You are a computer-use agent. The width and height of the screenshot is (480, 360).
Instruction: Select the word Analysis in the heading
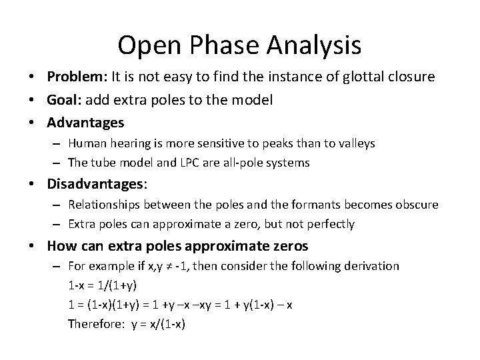314,45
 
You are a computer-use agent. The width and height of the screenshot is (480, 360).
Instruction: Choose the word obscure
416,204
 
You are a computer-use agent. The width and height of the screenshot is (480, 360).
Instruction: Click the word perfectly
331,223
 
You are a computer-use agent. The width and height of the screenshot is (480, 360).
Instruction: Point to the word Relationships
103,204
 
